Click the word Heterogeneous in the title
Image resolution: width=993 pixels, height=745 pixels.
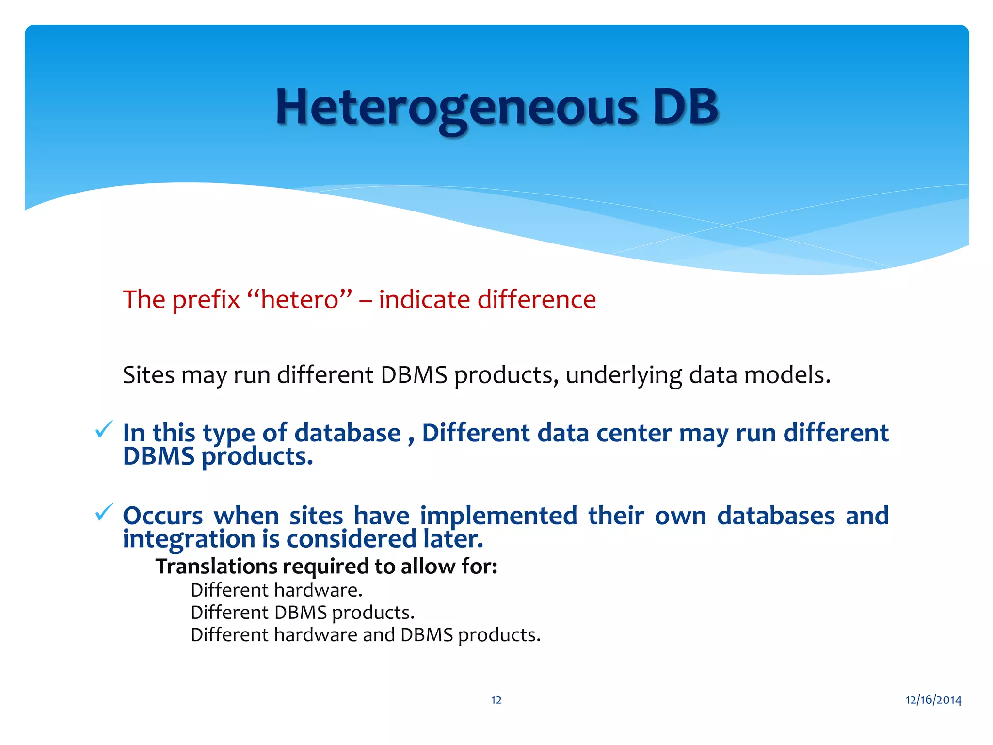(456, 108)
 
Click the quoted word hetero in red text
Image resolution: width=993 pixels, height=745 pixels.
(299, 299)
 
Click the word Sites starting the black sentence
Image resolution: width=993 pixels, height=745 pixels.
(148, 375)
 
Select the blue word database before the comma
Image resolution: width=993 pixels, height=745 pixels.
(347, 433)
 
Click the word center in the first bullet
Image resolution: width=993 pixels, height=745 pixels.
(633, 433)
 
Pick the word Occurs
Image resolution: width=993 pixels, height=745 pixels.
(163, 515)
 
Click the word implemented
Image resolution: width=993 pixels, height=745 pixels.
(498, 515)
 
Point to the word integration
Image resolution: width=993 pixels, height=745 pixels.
(189, 539)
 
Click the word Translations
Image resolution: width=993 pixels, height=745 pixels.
(216, 566)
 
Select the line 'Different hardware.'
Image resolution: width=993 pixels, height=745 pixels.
(276, 590)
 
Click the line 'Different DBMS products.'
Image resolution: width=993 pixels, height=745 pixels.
(303, 613)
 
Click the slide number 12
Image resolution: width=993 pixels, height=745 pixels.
(496, 700)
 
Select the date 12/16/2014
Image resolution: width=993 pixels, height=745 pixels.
(933, 700)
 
